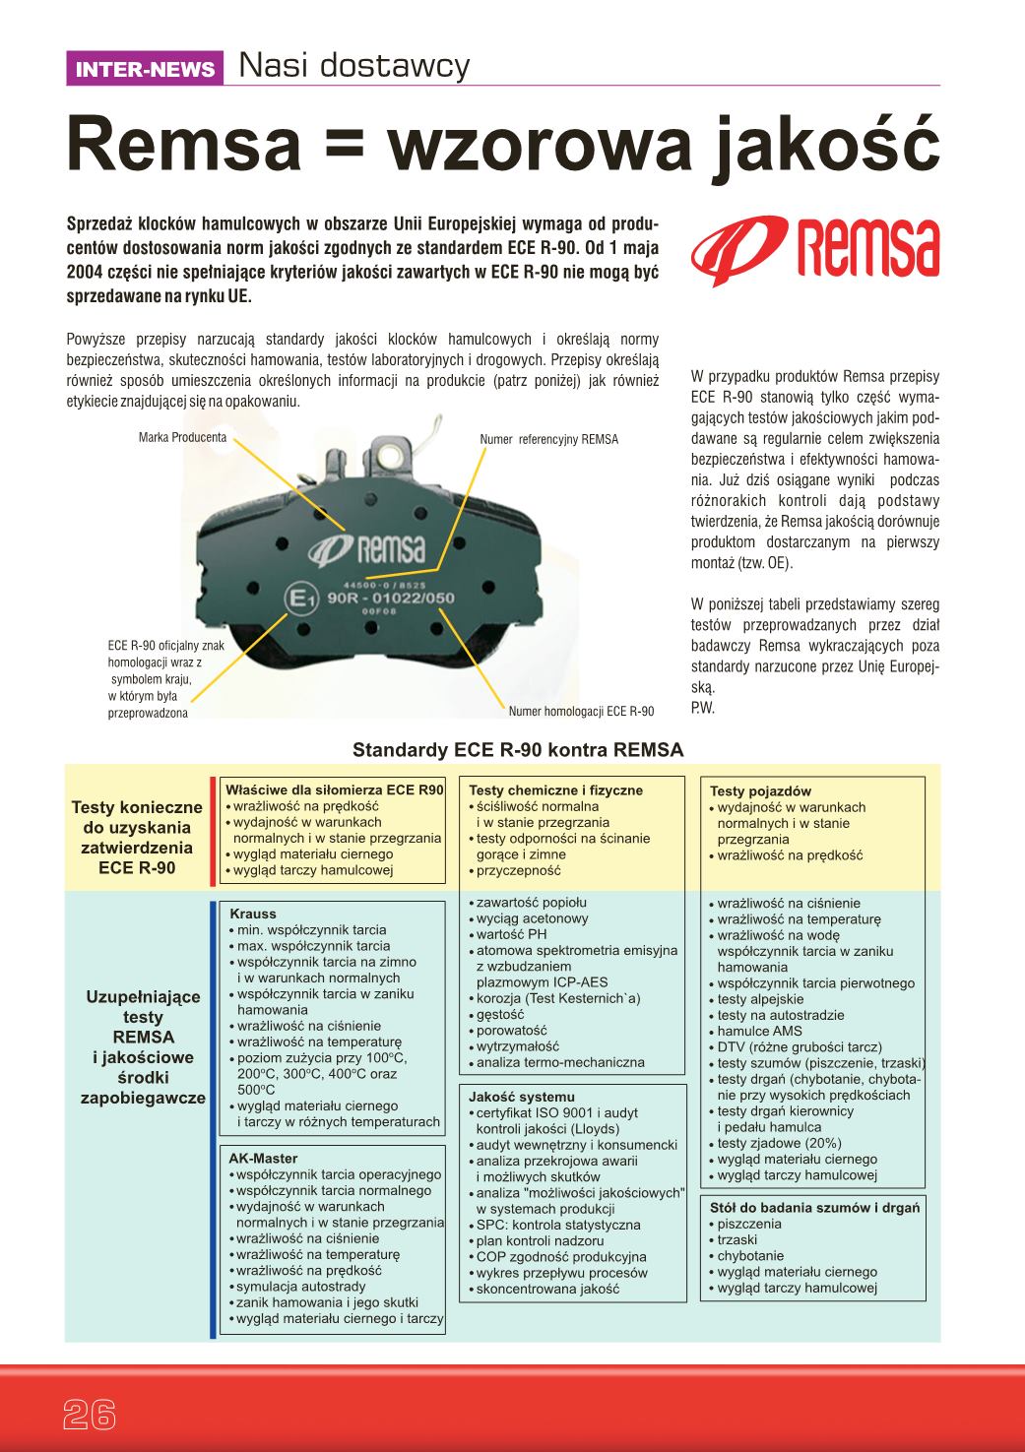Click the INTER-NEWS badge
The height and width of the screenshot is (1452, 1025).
tap(145, 69)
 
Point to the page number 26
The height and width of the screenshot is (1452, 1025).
tap(90, 1414)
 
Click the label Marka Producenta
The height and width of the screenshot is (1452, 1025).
tap(183, 437)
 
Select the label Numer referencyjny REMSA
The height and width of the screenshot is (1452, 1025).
tap(548, 439)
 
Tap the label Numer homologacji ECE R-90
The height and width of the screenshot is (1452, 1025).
tap(581, 711)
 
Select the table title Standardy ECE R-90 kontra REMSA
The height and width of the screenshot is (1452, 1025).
tap(518, 750)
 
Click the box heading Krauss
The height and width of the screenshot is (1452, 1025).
tap(253, 914)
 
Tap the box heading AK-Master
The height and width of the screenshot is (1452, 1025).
tap(263, 1159)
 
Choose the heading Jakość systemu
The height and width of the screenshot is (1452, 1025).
tap(522, 1097)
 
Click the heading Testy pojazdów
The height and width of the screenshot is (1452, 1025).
tap(760, 790)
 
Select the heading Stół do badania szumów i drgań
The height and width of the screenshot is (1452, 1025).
tap(814, 1207)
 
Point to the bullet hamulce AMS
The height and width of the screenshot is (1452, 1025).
tap(759, 1031)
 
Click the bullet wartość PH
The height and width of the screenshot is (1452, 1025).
tap(511, 934)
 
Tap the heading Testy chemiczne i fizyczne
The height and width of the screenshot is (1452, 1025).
tap(555, 789)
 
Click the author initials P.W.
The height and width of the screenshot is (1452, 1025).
tap(702, 708)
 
